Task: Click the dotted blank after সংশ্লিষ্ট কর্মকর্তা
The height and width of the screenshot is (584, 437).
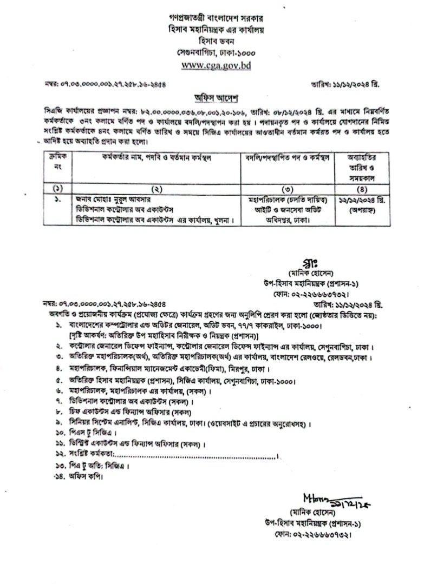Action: (x=195, y=457)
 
